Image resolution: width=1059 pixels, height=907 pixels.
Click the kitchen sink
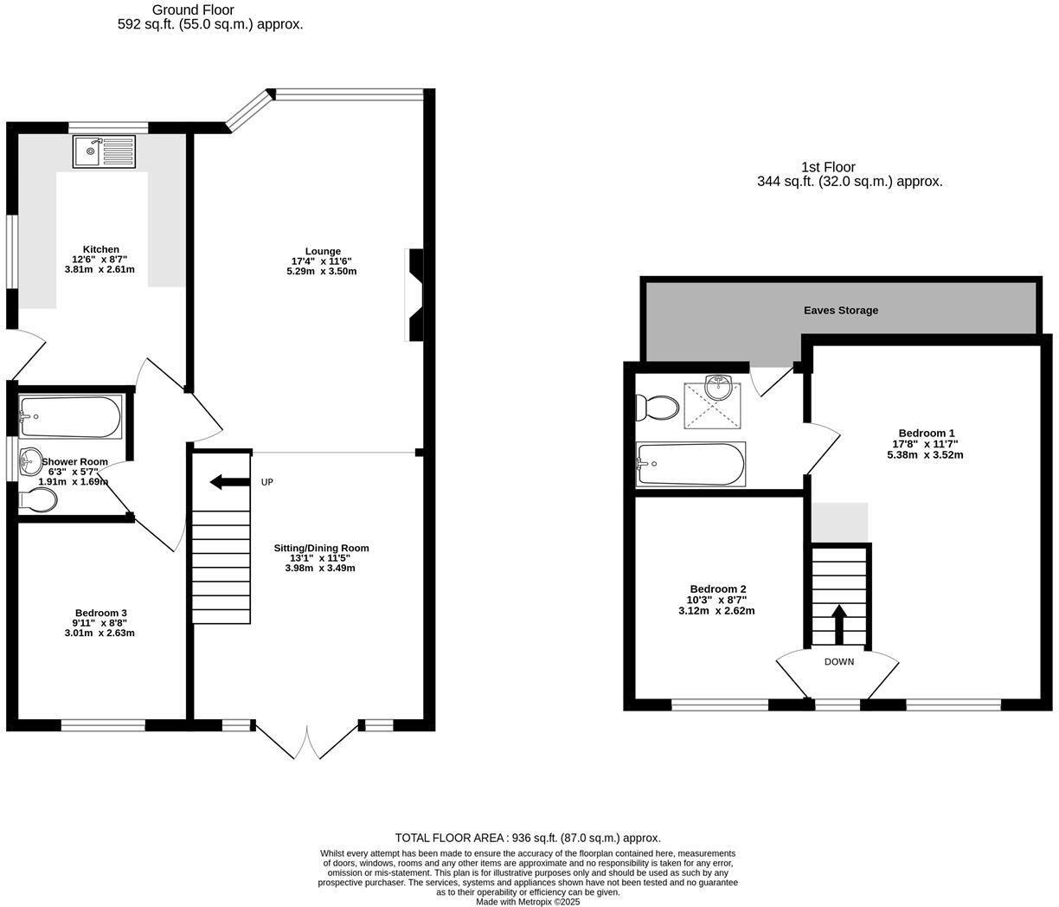pyautogui.click(x=104, y=151)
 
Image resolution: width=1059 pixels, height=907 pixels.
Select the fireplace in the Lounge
pyautogui.click(x=415, y=295)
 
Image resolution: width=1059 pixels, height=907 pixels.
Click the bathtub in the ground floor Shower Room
pyautogui.click(x=70, y=417)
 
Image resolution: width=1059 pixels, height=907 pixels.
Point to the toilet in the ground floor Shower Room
pyautogui.click(x=38, y=499)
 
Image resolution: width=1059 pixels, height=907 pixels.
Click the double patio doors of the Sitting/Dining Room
pyautogui.click(x=307, y=740)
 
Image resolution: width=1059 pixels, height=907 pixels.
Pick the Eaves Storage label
pyautogui.click(x=840, y=310)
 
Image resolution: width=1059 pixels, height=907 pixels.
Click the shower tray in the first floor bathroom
pyautogui.click(x=713, y=406)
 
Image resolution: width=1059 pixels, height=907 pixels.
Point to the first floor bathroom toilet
pyautogui.click(x=657, y=407)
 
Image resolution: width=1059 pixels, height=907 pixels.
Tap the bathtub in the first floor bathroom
pyautogui.click(x=690, y=464)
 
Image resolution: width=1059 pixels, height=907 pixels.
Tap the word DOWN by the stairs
pyautogui.click(x=838, y=662)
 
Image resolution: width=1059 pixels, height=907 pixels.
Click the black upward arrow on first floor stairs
pyautogui.click(x=838, y=623)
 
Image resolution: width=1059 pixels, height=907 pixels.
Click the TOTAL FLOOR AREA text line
pyautogui.click(x=528, y=838)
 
